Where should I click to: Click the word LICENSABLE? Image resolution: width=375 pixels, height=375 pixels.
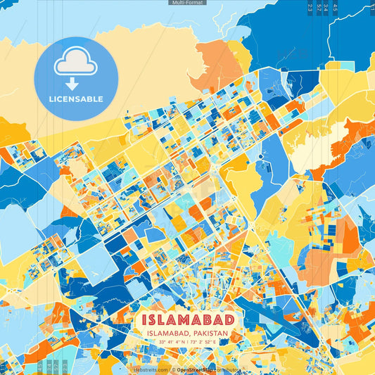(x=76, y=99)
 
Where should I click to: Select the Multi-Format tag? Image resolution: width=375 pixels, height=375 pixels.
(x=187, y=3)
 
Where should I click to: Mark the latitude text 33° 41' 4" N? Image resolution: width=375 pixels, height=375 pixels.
(x=172, y=342)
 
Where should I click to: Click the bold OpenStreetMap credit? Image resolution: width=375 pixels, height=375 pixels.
(x=196, y=369)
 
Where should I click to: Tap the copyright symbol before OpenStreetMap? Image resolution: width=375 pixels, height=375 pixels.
(x=173, y=369)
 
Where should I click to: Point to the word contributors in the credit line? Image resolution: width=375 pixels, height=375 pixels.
(x=229, y=369)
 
